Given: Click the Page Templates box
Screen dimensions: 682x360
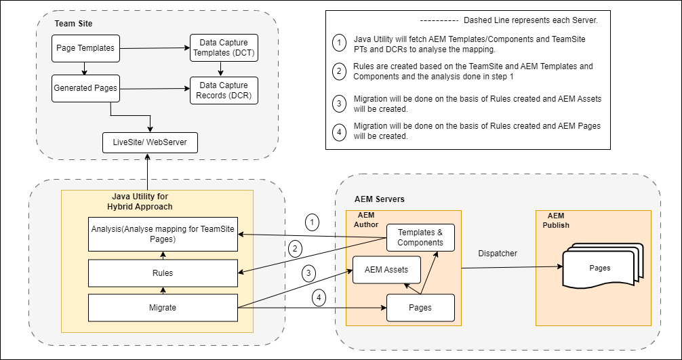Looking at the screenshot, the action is tap(85, 48).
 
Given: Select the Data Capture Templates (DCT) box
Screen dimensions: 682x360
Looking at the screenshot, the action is tap(224, 48).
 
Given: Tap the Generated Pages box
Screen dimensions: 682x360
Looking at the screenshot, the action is tap(85, 88).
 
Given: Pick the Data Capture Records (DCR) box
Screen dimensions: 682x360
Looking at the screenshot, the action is tap(224, 90).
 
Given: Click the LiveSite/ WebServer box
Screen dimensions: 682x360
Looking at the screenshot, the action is tap(150, 142).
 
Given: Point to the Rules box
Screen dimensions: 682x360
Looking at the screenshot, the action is tap(163, 273).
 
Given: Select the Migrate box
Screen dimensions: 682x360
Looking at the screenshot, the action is tap(163, 308).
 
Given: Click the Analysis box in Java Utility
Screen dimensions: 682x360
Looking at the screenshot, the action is tap(163, 234).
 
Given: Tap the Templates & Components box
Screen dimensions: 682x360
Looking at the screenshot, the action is tap(420, 237).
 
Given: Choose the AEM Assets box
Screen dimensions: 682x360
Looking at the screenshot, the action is tap(386, 270).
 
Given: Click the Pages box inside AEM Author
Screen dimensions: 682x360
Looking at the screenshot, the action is tap(420, 308).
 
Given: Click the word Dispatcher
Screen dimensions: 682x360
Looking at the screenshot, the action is tap(498, 254).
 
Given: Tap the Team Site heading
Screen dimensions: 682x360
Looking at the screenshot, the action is tap(73, 24).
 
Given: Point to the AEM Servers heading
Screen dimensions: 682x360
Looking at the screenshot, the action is tap(380, 199).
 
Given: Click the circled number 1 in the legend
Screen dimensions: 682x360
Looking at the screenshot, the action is tap(339, 43).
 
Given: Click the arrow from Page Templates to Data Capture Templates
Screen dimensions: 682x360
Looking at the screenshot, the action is tap(155, 48).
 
